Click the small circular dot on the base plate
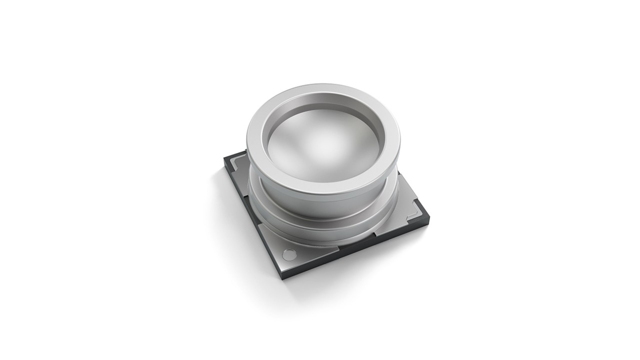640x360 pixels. point(288,254)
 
